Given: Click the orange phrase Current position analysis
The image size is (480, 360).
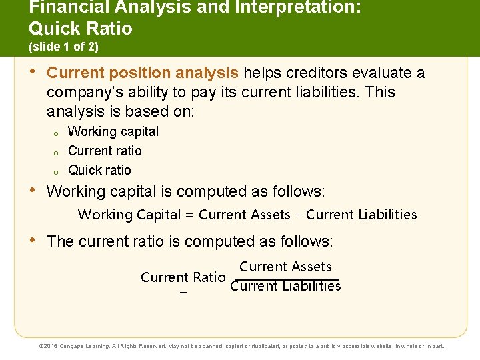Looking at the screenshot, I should click(143, 73).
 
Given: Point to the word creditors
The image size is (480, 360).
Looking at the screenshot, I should click(316, 73).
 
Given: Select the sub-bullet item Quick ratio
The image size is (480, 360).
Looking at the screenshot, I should click(99, 170).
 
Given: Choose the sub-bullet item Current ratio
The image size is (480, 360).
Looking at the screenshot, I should click(105, 151).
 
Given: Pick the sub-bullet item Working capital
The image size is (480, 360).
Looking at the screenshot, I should click(113, 131).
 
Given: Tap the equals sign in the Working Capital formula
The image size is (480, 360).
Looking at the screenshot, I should click(189, 215).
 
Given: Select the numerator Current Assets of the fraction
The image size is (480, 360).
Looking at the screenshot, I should click(285, 267).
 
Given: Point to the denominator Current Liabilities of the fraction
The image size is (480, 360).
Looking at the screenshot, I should click(285, 287).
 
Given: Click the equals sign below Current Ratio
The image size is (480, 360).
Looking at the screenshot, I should click(183, 294).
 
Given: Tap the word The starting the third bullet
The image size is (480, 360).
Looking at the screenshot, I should click(61, 241).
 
